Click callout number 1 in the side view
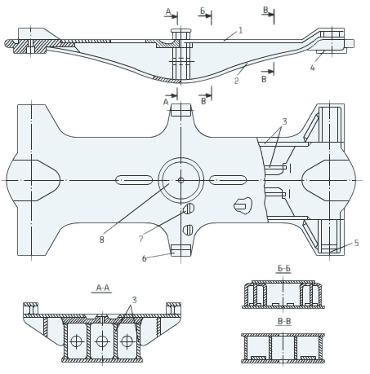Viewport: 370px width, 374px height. (x=240, y=30)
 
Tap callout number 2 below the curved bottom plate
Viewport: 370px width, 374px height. (x=236, y=81)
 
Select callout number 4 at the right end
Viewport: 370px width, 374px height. (x=313, y=68)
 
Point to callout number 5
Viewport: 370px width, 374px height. (x=356, y=243)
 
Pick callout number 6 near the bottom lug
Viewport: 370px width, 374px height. (x=145, y=258)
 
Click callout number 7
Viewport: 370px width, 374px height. (x=140, y=239)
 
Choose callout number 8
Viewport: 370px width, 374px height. (x=101, y=240)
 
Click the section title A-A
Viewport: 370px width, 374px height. (x=103, y=288)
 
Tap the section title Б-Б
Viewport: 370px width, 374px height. (x=284, y=268)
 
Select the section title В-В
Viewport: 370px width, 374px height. (x=284, y=321)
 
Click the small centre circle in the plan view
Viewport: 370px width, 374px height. (x=181, y=180)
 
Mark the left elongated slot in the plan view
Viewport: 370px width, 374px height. (x=134, y=180)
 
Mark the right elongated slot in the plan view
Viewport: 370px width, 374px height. (x=228, y=180)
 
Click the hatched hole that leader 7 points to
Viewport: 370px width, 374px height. (x=189, y=209)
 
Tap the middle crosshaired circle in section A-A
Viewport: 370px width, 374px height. (x=102, y=341)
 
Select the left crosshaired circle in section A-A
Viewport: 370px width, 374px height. (x=77, y=341)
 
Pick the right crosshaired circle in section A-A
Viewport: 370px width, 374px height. (x=127, y=341)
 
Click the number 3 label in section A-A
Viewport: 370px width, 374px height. (x=134, y=300)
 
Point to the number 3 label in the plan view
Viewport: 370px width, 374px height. (x=284, y=121)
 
